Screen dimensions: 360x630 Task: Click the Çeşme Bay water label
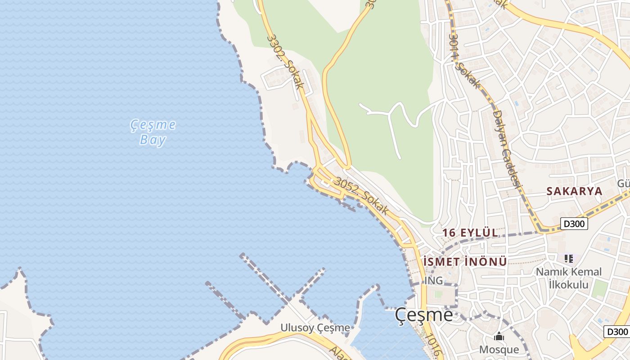[153, 132]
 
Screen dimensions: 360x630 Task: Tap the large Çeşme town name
[424, 315]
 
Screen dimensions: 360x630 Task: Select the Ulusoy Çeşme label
[315, 328]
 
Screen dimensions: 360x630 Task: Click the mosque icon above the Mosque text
[499, 337]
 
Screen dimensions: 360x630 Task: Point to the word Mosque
[499, 350]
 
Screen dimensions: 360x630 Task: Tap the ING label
[434, 281]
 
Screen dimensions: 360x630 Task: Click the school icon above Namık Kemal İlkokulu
[569, 259]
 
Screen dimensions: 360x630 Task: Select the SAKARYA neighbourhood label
[574, 191]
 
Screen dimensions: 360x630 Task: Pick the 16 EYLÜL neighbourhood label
[470, 233]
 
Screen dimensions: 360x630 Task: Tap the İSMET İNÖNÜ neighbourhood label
[465, 261]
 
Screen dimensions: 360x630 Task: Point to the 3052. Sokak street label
[361, 196]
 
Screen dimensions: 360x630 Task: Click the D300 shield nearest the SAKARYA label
[574, 223]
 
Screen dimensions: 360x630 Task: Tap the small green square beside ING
[438, 294]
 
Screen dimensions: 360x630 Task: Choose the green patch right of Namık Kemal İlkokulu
[599, 289]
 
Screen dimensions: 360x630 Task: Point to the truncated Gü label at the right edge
[623, 183]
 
